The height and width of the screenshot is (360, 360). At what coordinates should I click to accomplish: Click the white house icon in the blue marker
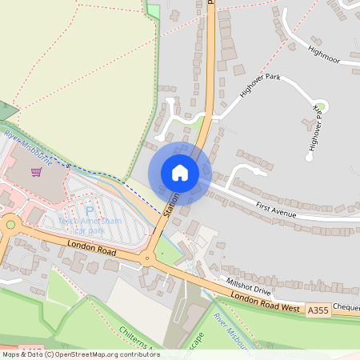click(180, 173)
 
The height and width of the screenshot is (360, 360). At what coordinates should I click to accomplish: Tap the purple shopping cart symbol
click(36, 171)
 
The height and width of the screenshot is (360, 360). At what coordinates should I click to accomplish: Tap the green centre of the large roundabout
click(10, 226)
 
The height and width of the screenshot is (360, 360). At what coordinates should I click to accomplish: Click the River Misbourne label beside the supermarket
click(29, 148)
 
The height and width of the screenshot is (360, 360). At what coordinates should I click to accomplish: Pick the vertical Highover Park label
click(316, 127)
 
